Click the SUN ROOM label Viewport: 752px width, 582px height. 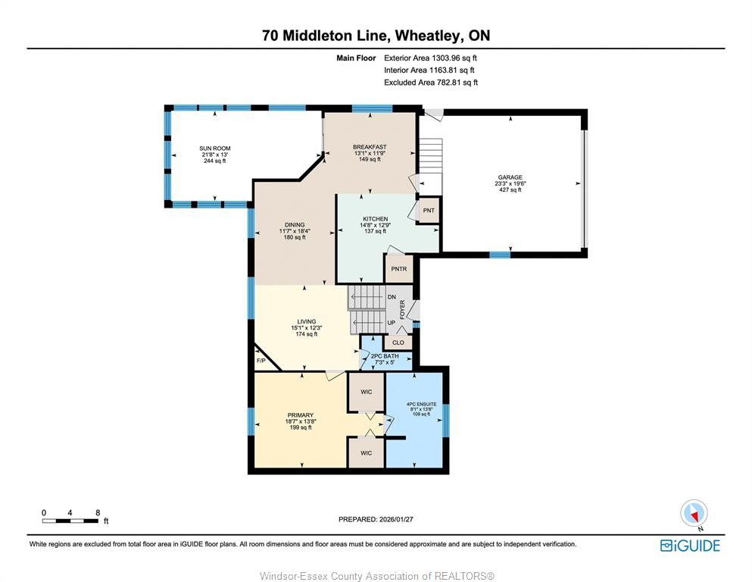215,149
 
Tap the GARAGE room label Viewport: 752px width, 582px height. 510,177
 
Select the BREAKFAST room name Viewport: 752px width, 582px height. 370,147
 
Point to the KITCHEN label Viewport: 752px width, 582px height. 375,219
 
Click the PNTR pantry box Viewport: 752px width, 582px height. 398,269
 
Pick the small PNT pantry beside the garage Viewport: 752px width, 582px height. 429,210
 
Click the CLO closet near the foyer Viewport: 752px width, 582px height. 398,342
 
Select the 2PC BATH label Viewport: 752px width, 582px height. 385,356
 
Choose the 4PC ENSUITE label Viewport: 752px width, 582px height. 422,404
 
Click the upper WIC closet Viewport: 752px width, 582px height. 366,392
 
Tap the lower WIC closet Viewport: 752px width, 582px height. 366,453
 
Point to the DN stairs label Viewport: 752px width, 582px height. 392,297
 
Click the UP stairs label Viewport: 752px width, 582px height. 392,323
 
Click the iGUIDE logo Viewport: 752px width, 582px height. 690,546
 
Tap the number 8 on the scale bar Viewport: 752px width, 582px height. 98,512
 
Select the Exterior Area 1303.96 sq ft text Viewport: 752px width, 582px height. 430,58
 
